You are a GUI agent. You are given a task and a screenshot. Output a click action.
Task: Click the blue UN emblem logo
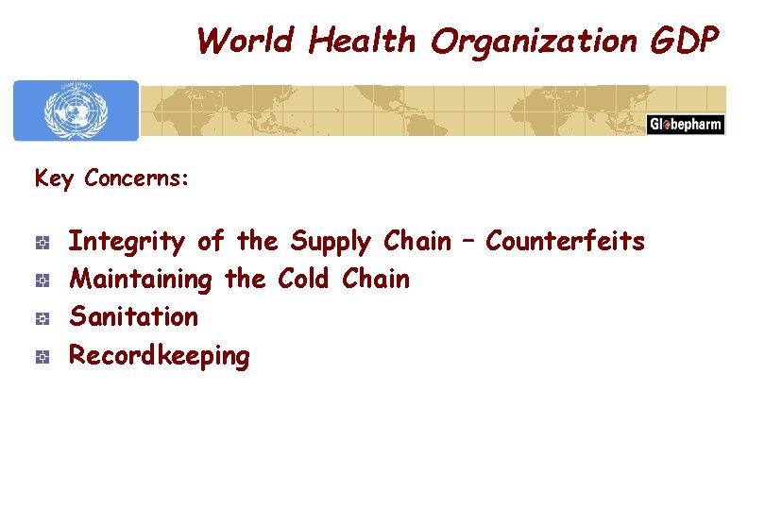tap(76, 110)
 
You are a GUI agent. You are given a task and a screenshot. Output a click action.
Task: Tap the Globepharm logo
tap(685, 125)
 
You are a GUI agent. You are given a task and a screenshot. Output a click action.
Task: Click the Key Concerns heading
tap(111, 178)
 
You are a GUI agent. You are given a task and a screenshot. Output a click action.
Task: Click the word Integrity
tap(127, 242)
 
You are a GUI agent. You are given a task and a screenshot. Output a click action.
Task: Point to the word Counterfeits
tap(565, 242)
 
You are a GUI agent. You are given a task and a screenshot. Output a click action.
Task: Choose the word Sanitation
tap(134, 317)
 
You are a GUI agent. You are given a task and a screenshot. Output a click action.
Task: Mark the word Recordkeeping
tap(160, 357)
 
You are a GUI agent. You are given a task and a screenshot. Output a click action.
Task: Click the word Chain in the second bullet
tap(376, 280)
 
